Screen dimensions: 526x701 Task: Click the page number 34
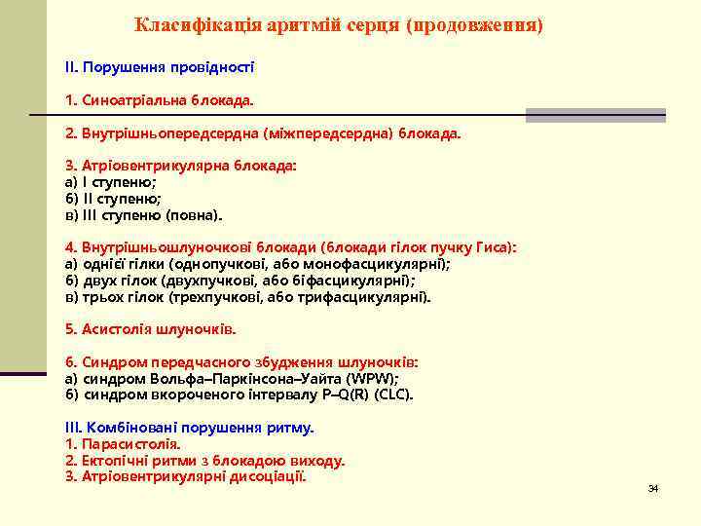click(x=653, y=487)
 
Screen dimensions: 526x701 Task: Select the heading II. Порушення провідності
click(x=160, y=67)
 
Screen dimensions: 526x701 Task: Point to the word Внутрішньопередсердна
click(x=166, y=131)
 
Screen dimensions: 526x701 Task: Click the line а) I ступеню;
click(x=111, y=181)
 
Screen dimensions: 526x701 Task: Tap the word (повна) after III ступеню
click(x=194, y=214)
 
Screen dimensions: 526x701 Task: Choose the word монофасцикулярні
click(x=381, y=264)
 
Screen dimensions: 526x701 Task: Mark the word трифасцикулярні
click(x=370, y=297)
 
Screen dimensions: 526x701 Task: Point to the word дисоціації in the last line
click(x=266, y=476)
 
